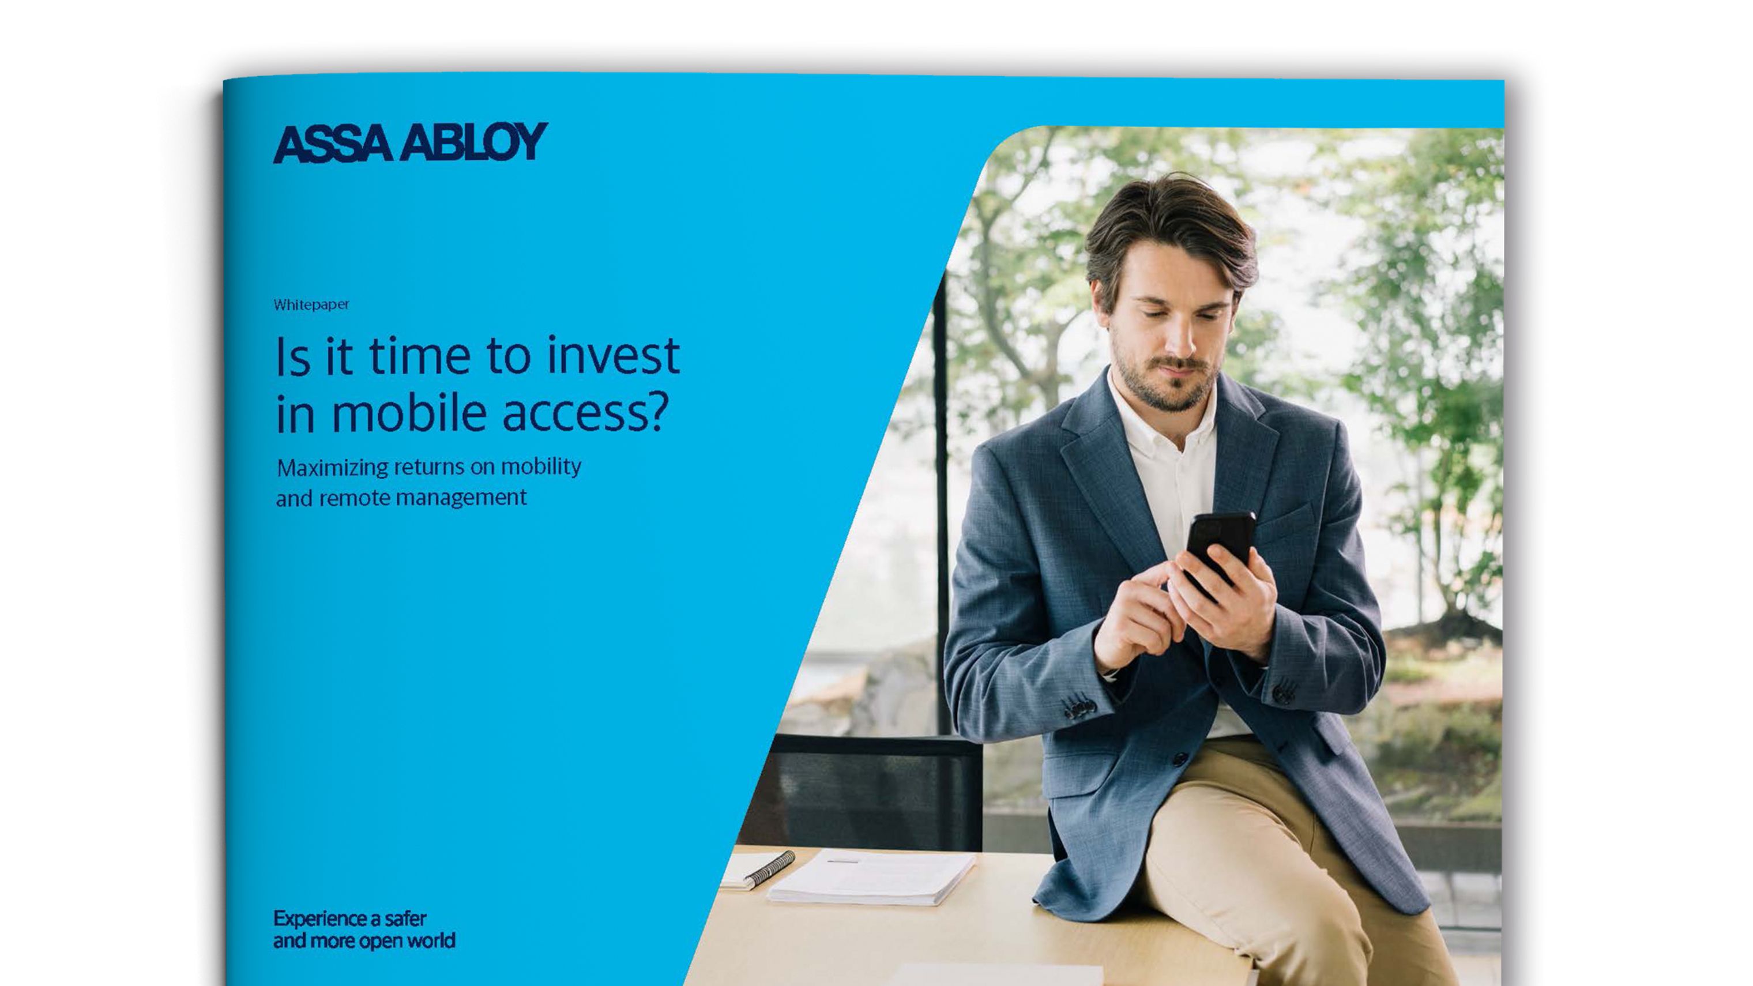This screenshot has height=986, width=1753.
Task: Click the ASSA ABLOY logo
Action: coord(411,142)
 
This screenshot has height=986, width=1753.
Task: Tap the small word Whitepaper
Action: coord(311,305)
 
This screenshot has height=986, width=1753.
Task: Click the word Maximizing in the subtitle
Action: coord(332,468)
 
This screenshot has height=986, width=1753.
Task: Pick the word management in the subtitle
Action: coord(461,499)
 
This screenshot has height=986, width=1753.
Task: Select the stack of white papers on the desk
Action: coord(872,877)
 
